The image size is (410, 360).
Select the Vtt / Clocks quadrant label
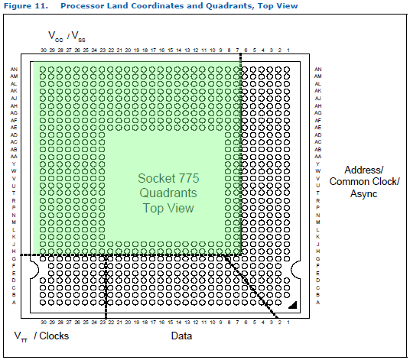click(42, 336)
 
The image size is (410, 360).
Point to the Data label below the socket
click(181, 336)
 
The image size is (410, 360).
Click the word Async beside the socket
click(364, 194)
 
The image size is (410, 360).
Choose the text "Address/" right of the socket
click(364, 169)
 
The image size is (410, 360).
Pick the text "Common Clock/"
click(364, 182)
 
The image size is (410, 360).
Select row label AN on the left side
click(14, 70)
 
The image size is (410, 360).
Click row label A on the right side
click(317, 303)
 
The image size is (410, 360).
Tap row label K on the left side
click(14, 237)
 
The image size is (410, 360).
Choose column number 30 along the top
click(44, 51)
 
